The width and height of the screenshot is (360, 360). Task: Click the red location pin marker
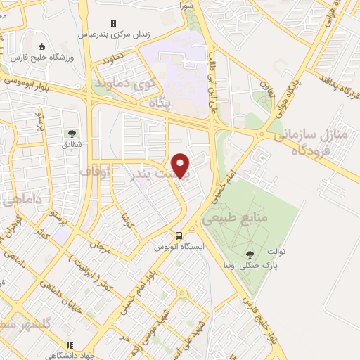pos(181,165)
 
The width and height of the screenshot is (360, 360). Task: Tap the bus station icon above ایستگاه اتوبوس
pos(179,236)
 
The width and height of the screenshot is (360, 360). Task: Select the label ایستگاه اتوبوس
pos(179,247)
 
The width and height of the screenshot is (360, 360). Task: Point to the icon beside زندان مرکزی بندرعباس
pos(112,23)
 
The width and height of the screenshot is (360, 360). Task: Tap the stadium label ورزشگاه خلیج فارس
pos(41,58)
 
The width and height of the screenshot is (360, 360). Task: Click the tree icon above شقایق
pos(72,132)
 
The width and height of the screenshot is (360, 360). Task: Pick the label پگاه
pos(160,103)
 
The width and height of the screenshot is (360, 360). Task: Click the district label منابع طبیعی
pos(236,219)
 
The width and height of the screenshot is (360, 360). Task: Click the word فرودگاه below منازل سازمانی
pos(302,150)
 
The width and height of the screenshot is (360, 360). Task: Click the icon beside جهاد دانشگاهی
pos(69,345)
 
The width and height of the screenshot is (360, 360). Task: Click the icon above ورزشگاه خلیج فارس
pos(41,46)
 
